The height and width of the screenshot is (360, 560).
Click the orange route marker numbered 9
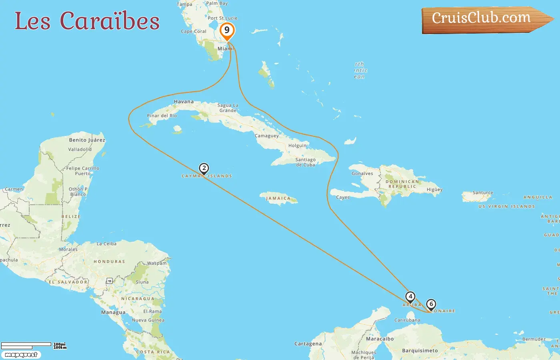[x=227, y=30]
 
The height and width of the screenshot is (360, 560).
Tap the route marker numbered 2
[x=204, y=168]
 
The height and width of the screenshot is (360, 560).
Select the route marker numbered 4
[x=410, y=297]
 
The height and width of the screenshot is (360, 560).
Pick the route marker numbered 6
[x=431, y=304]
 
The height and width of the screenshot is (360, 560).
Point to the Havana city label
[x=184, y=102]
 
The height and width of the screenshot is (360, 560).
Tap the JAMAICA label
[x=278, y=198]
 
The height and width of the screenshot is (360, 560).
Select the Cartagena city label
[x=308, y=344]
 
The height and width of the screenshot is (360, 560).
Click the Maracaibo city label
[x=380, y=339]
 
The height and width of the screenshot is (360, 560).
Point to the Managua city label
[x=113, y=312]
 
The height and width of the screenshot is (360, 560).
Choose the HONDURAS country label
[x=109, y=262]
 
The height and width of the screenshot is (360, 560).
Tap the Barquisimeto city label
[x=420, y=351]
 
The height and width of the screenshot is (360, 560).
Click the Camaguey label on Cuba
[x=267, y=136]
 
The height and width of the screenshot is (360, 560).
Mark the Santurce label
[x=483, y=192]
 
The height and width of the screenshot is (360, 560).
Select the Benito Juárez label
[x=87, y=140]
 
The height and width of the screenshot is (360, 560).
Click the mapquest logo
[x=21, y=355]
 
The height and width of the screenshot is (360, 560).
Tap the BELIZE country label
[x=71, y=216]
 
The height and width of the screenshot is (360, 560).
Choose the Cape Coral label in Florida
[x=194, y=31]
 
